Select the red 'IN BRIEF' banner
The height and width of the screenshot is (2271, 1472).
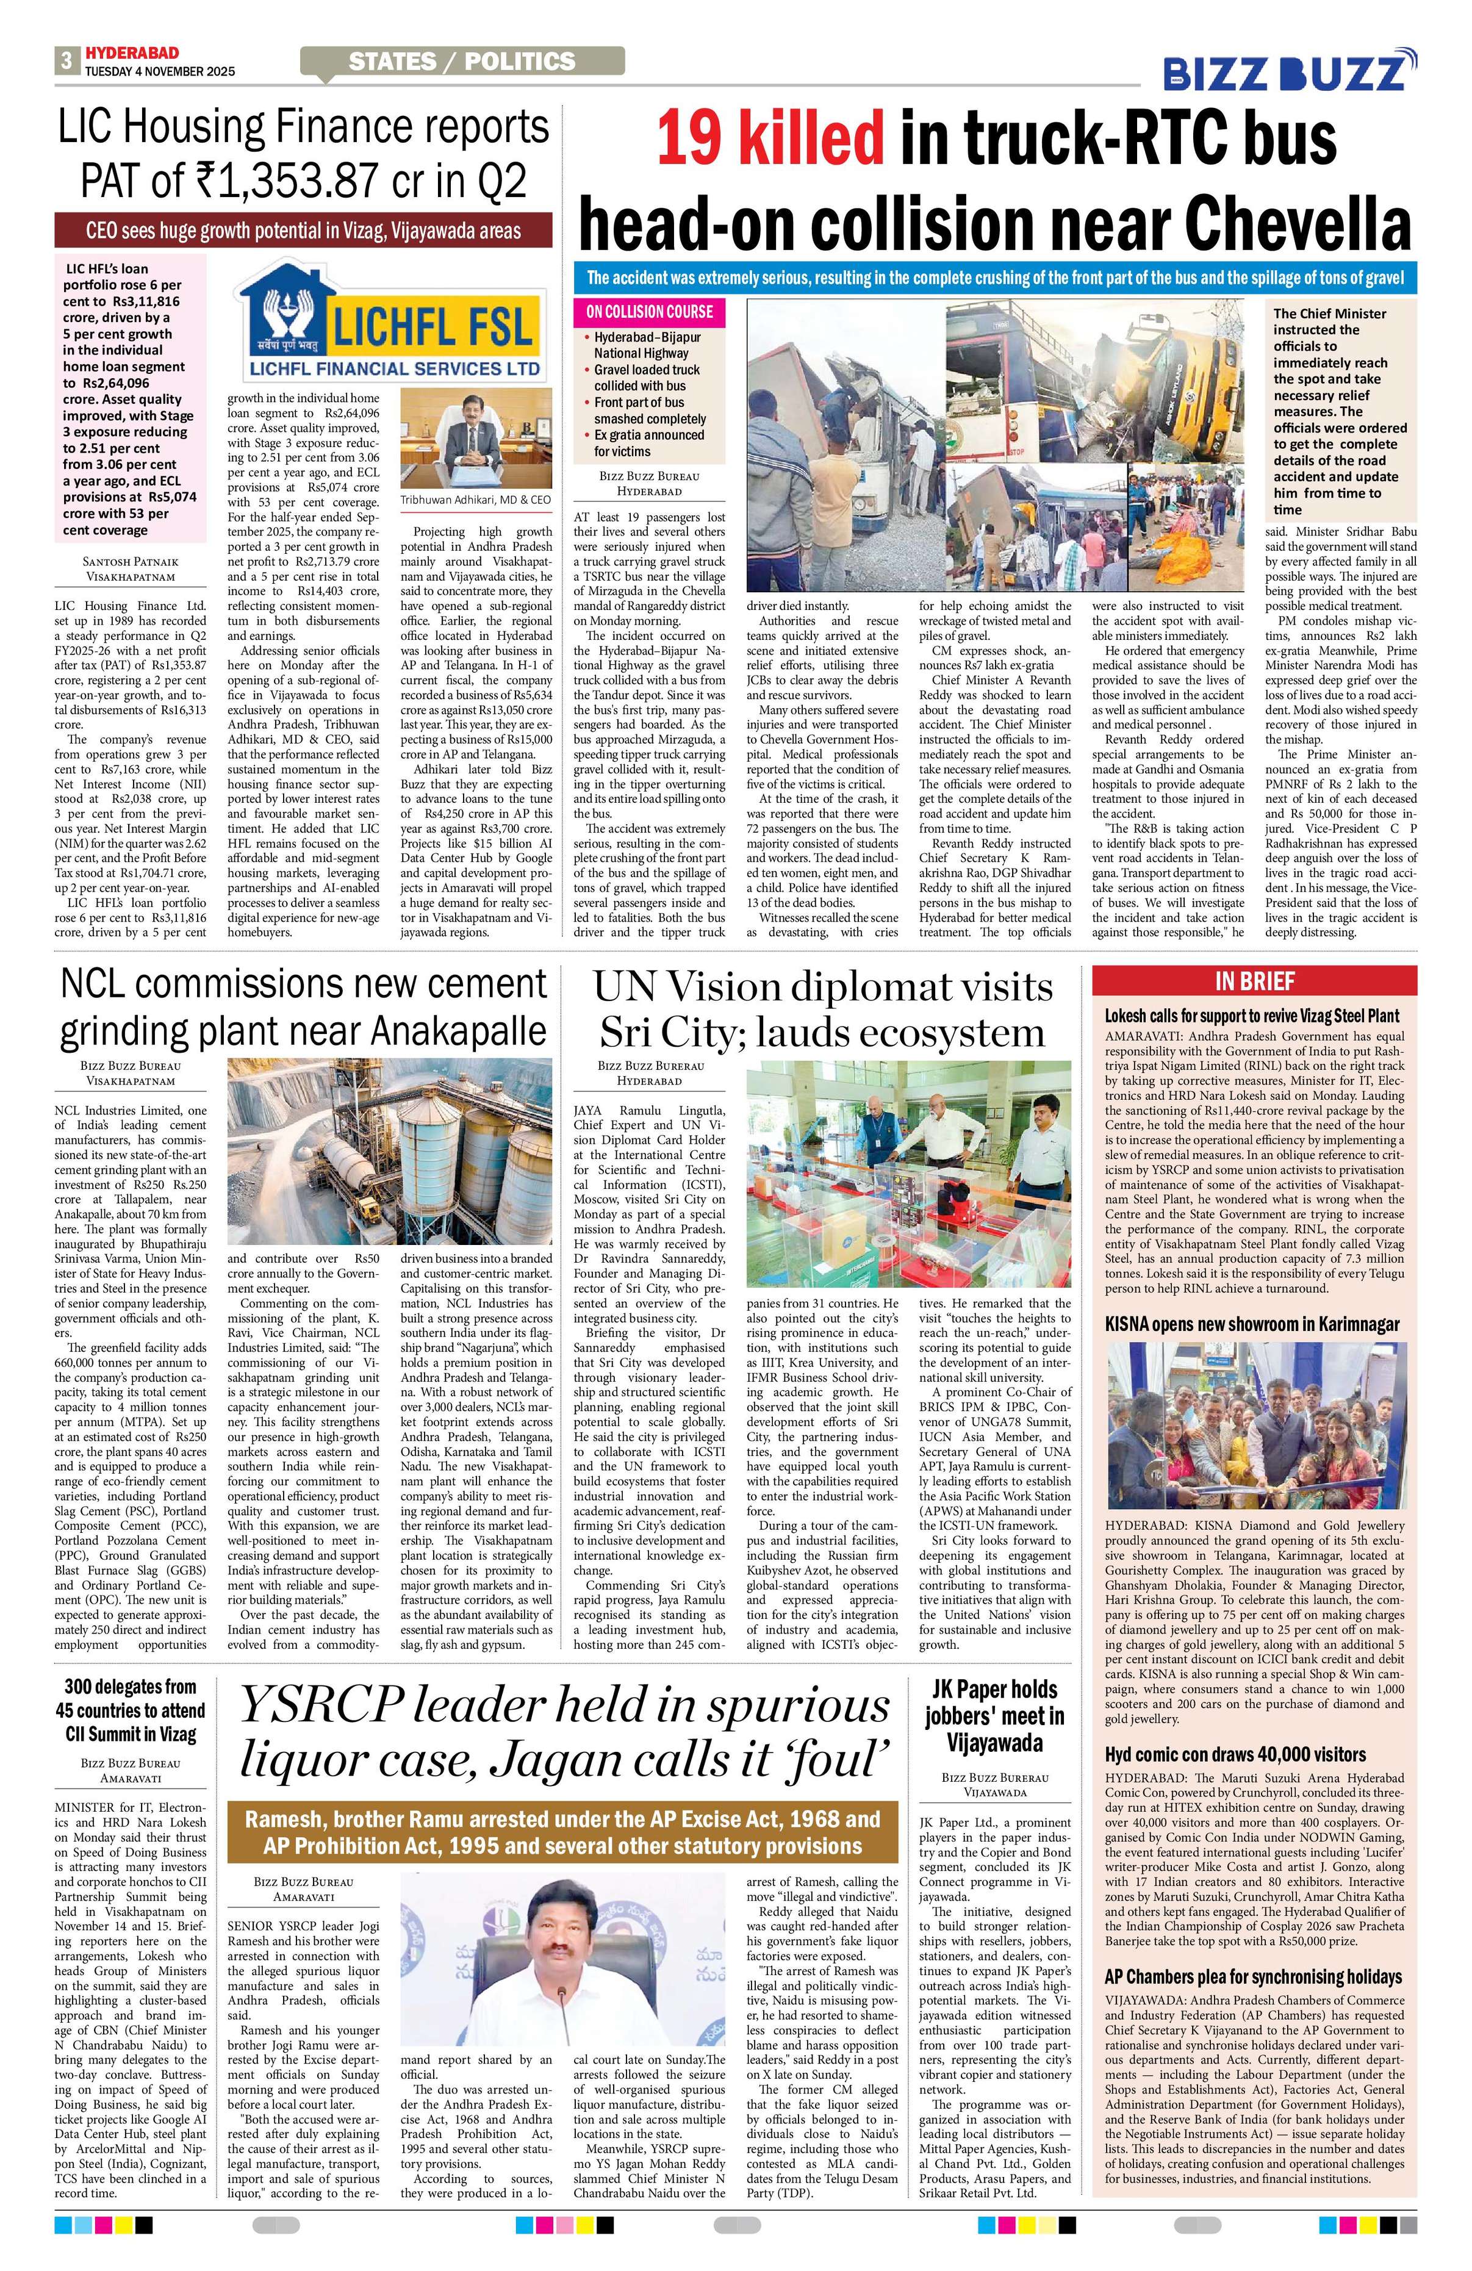(1254, 981)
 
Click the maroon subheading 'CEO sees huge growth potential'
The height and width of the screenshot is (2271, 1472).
(303, 231)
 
